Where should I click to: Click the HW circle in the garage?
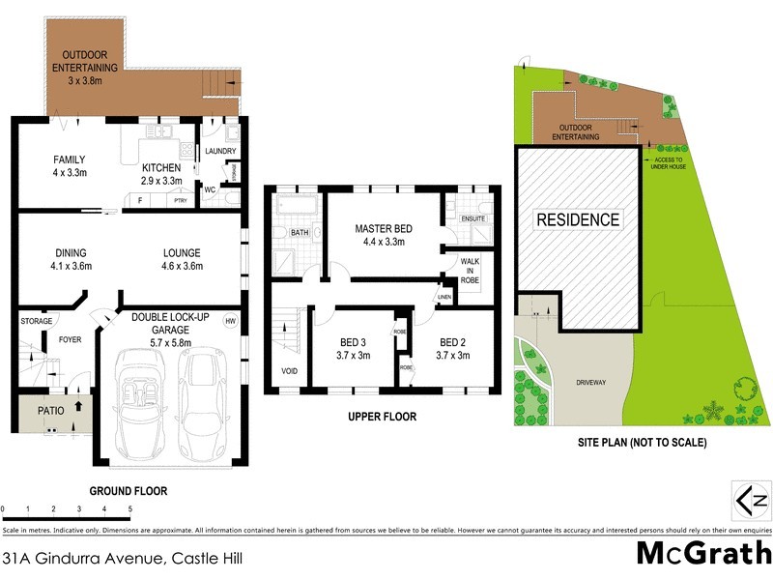point(230,321)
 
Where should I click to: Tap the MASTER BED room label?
point(384,228)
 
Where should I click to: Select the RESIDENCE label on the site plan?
point(578,219)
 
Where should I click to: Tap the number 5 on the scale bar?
point(129,508)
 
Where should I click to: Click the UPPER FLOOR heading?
point(384,418)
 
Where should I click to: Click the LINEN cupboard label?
point(444,297)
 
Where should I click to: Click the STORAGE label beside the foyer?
point(36,321)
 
